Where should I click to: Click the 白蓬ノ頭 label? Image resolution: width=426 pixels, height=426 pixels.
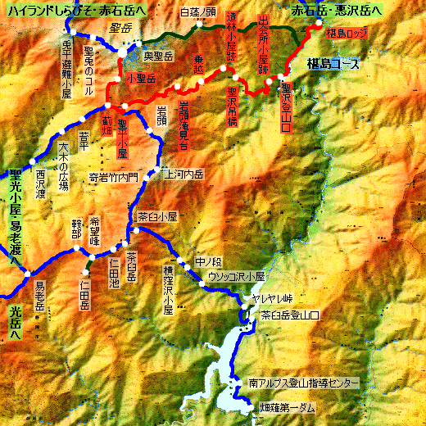tap(197, 12)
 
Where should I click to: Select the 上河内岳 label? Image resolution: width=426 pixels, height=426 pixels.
tap(184, 174)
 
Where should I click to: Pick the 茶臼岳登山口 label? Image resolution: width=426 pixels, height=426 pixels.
tap(289, 315)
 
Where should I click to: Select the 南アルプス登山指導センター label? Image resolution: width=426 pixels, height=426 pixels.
tap(304, 383)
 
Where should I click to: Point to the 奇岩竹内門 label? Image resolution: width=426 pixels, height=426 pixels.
tap(120, 176)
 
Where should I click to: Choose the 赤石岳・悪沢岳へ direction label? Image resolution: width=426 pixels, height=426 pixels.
tap(337, 13)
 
